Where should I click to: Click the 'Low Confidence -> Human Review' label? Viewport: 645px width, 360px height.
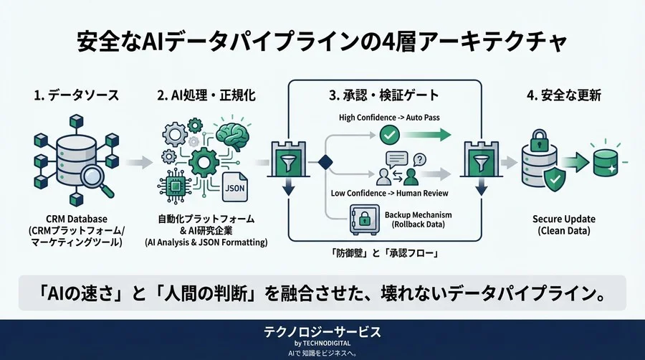(389, 193)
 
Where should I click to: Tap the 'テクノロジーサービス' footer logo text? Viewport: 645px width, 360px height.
(322, 332)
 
